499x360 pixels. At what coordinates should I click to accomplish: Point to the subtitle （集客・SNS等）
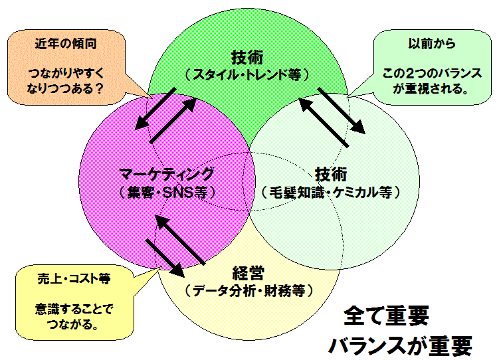point(167,193)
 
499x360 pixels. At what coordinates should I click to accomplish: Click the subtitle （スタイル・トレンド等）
point(247,74)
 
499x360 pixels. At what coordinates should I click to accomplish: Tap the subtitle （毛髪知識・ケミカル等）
point(332,193)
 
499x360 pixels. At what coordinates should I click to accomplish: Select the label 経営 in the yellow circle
point(249,272)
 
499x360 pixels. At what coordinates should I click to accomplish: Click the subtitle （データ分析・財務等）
point(249,290)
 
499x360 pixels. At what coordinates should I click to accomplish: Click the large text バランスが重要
point(399,344)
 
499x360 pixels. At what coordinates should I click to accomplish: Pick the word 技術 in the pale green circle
point(331,174)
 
